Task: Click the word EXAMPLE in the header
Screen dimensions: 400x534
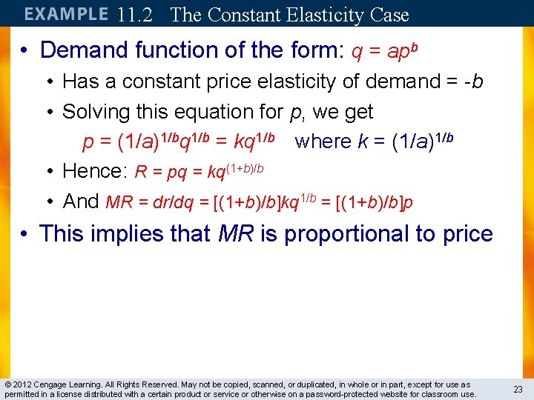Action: tap(66, 14)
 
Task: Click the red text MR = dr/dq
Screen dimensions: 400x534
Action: tap(156, 202)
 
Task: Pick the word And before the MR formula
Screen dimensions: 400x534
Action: tap(81, 201)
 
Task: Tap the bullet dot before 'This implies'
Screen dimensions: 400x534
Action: tap(24, 234)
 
